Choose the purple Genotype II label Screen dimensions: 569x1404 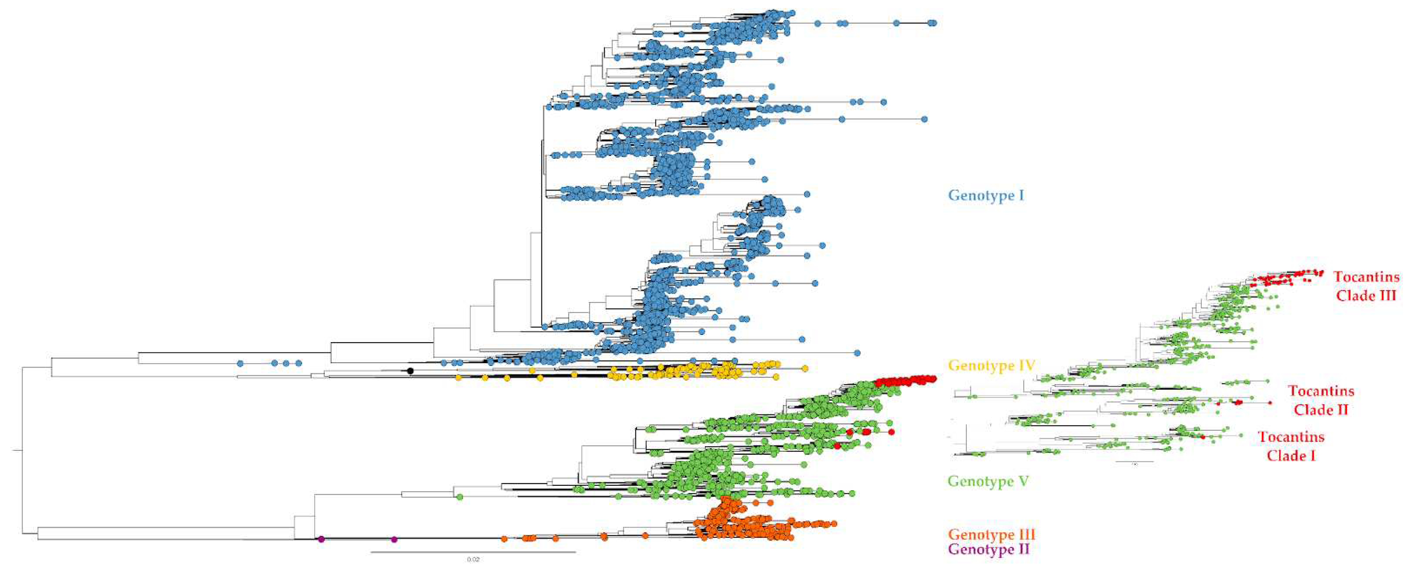pos(989,549)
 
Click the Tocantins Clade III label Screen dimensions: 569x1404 pos(1366,286)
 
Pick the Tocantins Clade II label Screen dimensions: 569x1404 pos(1320,400)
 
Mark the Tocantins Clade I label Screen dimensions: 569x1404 pos(1291,446)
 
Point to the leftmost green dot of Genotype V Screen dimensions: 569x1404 pos(459,497)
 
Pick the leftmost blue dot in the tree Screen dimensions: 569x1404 pos(240,363)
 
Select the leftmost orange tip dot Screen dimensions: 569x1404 pos(504,539)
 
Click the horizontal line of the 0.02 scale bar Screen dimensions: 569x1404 pos(473,552)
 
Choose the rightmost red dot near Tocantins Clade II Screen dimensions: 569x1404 pos(1270,402)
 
